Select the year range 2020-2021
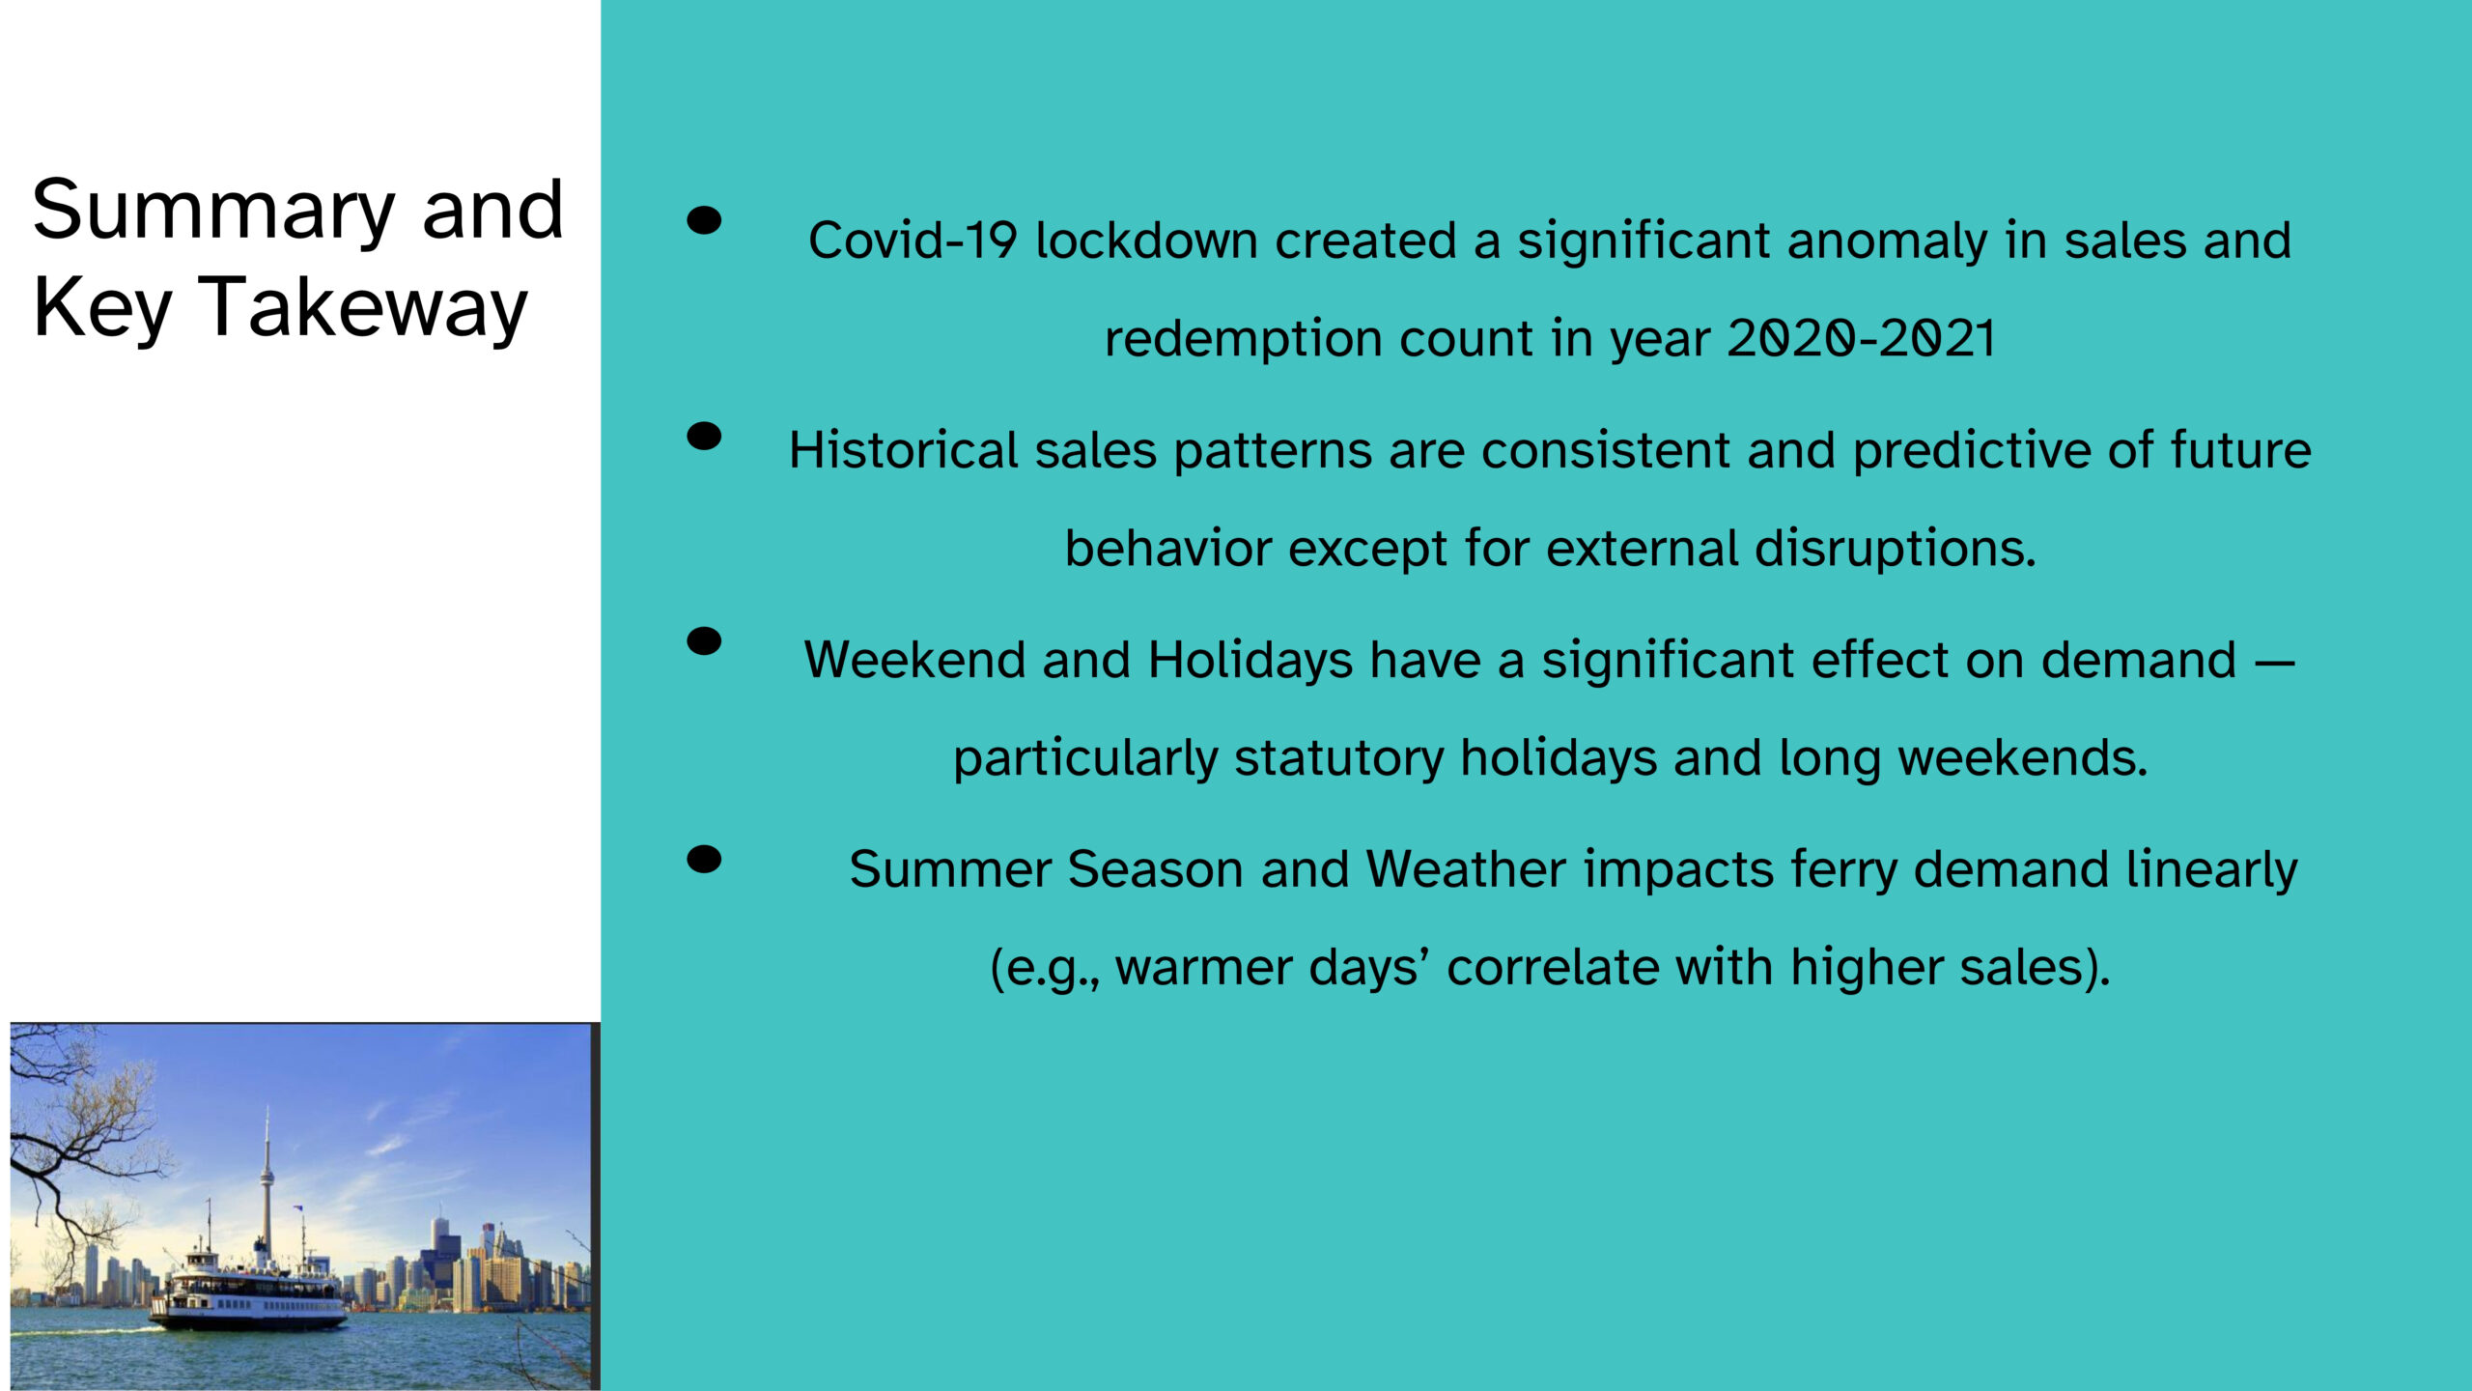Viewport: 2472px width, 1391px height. click(x=1861, y=338)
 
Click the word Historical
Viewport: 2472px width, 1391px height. click(x=903, y=450)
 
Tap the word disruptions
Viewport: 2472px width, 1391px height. click(x=1895, y=550)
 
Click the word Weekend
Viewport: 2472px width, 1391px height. click(x=915, y=661)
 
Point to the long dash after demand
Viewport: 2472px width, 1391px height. click(x=2274, y=664)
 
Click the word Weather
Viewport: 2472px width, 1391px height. click(x=1465, y=869)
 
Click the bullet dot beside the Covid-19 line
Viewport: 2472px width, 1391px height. click(x=704, y=220)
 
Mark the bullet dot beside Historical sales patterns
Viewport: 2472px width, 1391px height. click(x=704, y=437)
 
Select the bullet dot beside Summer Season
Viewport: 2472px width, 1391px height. click(x=704, y=859)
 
